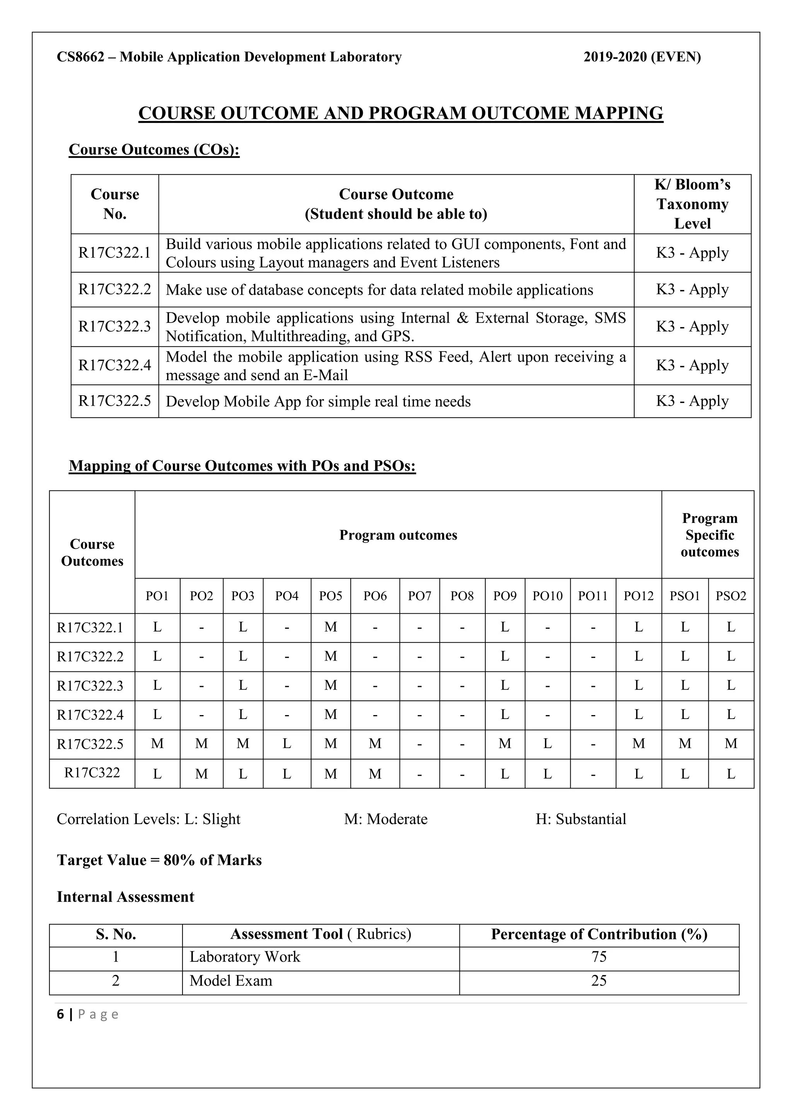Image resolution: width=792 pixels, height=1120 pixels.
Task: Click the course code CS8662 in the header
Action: click(80, 57)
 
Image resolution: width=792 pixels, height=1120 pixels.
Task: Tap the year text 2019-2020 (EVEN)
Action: click(642, 57)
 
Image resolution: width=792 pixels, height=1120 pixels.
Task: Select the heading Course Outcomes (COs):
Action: click(154, 149)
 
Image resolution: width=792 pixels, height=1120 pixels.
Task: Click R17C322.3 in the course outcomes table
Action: click(114, 326)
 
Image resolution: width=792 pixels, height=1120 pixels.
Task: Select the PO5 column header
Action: click(331, 596)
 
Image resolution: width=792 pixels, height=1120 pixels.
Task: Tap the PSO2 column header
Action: click(731, 596)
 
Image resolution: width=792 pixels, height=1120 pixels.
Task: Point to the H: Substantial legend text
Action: click(580, 819)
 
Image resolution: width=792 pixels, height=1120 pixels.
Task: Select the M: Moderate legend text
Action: click(385, 819)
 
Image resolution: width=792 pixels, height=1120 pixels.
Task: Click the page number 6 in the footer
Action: click(60, 1015)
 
